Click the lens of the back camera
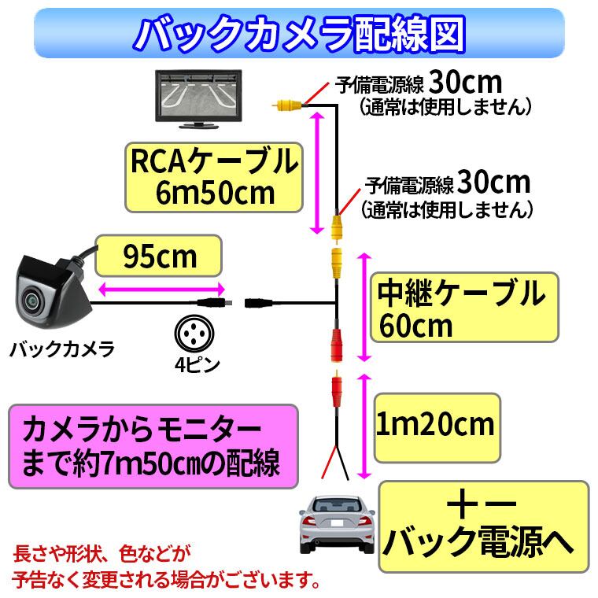(x=32, y=300)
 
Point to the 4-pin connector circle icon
(x=193, y=333)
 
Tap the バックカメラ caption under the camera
(x=63, y=347)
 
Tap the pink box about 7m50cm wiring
(x=153, y=447)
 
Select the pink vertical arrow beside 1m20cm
(x=364, y=426)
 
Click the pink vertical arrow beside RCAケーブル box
(x=316, y=173)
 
